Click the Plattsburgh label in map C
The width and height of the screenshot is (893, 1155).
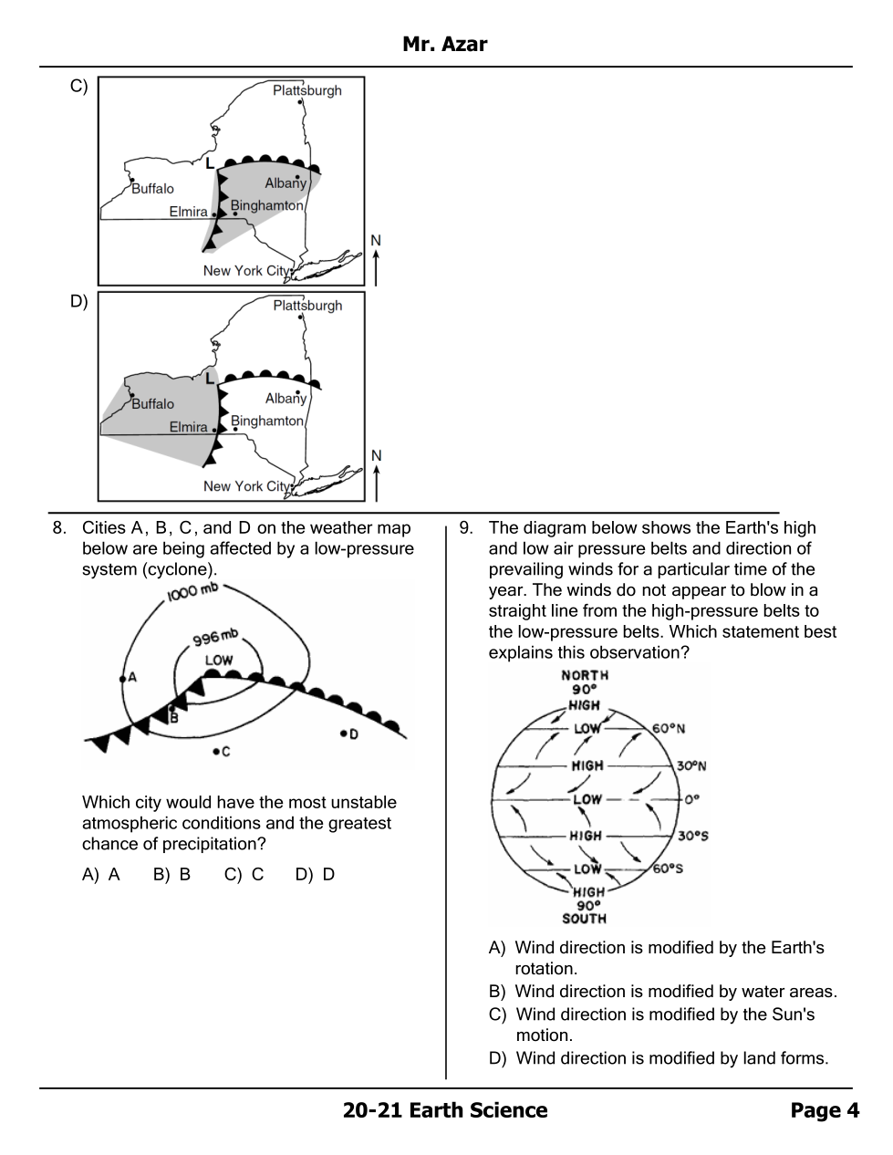coord(306,90)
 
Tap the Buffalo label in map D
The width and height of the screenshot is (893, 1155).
coord(152,404)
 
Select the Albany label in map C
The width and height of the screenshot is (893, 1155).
coord(286,183)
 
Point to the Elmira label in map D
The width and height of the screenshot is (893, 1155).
coord(188,427)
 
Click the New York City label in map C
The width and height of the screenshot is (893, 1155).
coord(245,271)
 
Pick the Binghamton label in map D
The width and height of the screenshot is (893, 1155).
coord(266,421)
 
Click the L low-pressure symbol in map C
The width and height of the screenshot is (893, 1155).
coord(209,163)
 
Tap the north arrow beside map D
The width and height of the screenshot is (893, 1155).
coord(376,474)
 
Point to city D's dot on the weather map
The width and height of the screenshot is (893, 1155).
coord(343,733)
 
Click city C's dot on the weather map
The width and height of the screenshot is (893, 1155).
coord(215,752)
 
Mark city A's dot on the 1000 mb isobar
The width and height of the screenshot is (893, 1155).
coord(122,678)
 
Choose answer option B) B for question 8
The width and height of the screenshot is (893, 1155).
coord(171,874)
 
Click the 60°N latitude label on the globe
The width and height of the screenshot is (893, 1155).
coord(668,728)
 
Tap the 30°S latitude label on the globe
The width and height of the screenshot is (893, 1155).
coord(692,836)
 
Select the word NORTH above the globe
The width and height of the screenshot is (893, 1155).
coord(585,675)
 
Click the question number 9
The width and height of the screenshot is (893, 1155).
coord(465,527)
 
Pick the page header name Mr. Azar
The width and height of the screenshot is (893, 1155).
coord(445,45)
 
